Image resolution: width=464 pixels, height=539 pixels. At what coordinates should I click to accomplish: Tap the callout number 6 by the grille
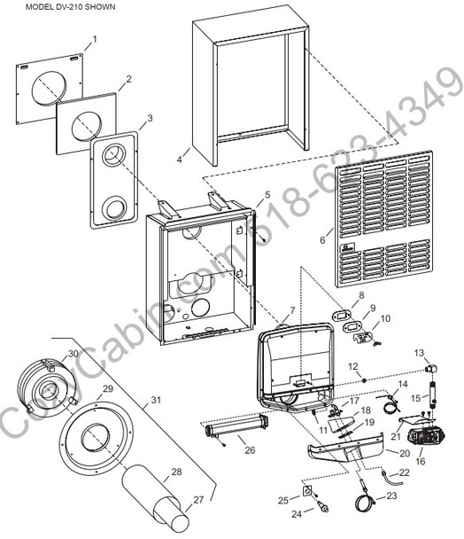click(x=323, y=238)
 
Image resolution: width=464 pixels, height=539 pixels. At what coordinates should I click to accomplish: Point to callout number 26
click(x=250, y=450)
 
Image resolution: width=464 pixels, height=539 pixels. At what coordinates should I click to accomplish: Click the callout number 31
click(x=156, y=400)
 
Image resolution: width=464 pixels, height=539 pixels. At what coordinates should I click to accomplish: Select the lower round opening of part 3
click(x=114, y=210)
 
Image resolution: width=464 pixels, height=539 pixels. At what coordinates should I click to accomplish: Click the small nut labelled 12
click(x=363, y=378)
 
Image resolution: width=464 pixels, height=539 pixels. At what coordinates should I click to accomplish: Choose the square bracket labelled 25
click(x=307, y=491)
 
